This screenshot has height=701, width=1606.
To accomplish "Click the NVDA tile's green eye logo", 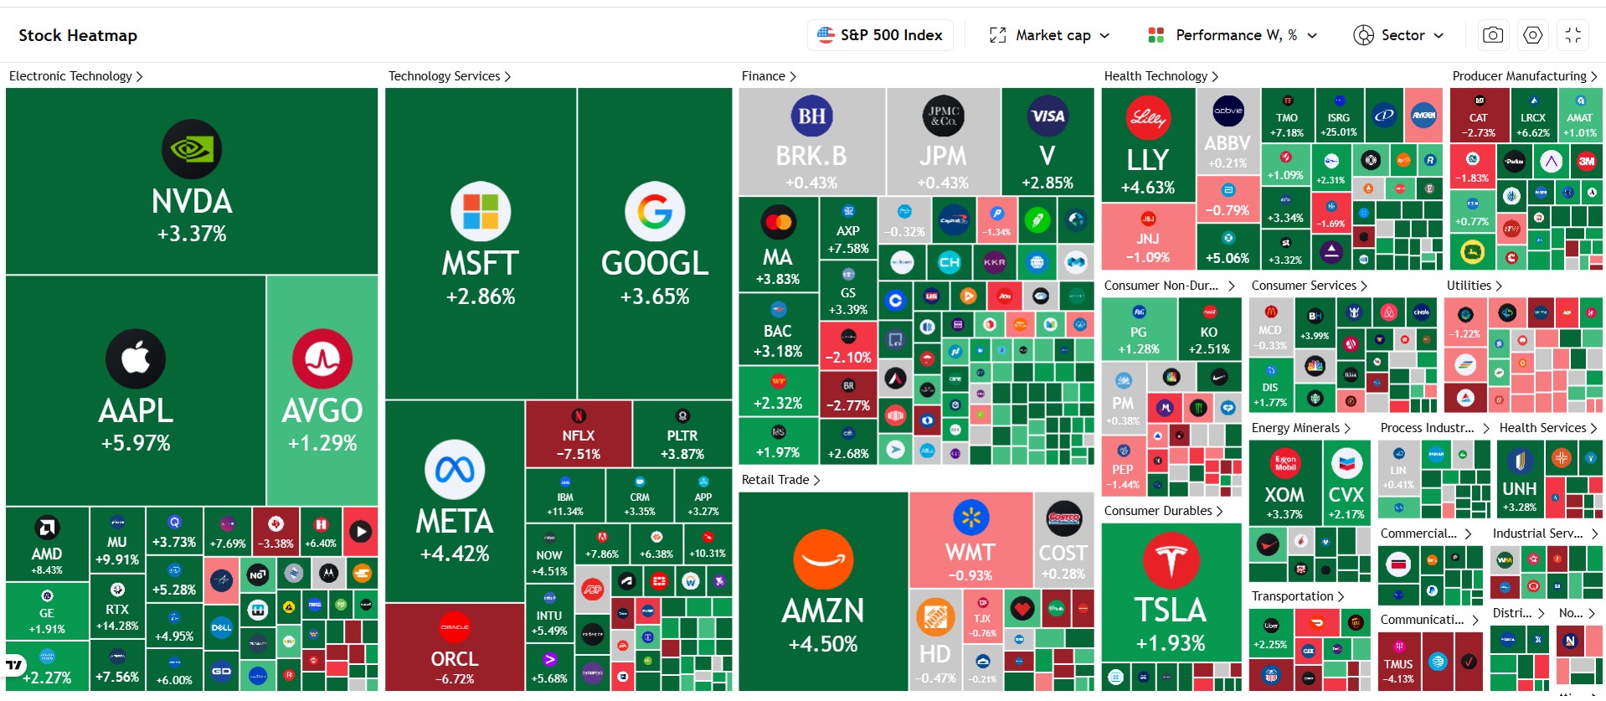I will [x=192, y=150].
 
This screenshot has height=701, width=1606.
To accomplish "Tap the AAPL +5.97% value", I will [x=136, y=443].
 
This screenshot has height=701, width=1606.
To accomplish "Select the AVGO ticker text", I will [x=322, y=410].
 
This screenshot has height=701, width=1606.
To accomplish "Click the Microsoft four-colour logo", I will [x=481, y=211].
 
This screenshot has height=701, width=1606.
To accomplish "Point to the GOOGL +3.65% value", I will [x=655, y=296].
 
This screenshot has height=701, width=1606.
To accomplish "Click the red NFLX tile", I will [x=579, y=434].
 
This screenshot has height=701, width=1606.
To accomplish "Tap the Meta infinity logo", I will [x=455, y=470].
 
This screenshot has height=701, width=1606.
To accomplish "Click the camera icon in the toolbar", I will [x=1492, y=35].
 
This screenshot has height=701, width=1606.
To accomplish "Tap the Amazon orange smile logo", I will [x=823, y=559].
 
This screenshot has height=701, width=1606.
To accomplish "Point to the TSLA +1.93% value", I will [x=1170, y=643].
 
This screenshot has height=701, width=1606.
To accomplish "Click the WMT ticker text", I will [x=970, y=553].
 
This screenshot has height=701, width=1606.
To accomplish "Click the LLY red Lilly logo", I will [x=1148, y=117].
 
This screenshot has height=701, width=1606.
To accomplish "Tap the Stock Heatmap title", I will [x=78, y=35].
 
